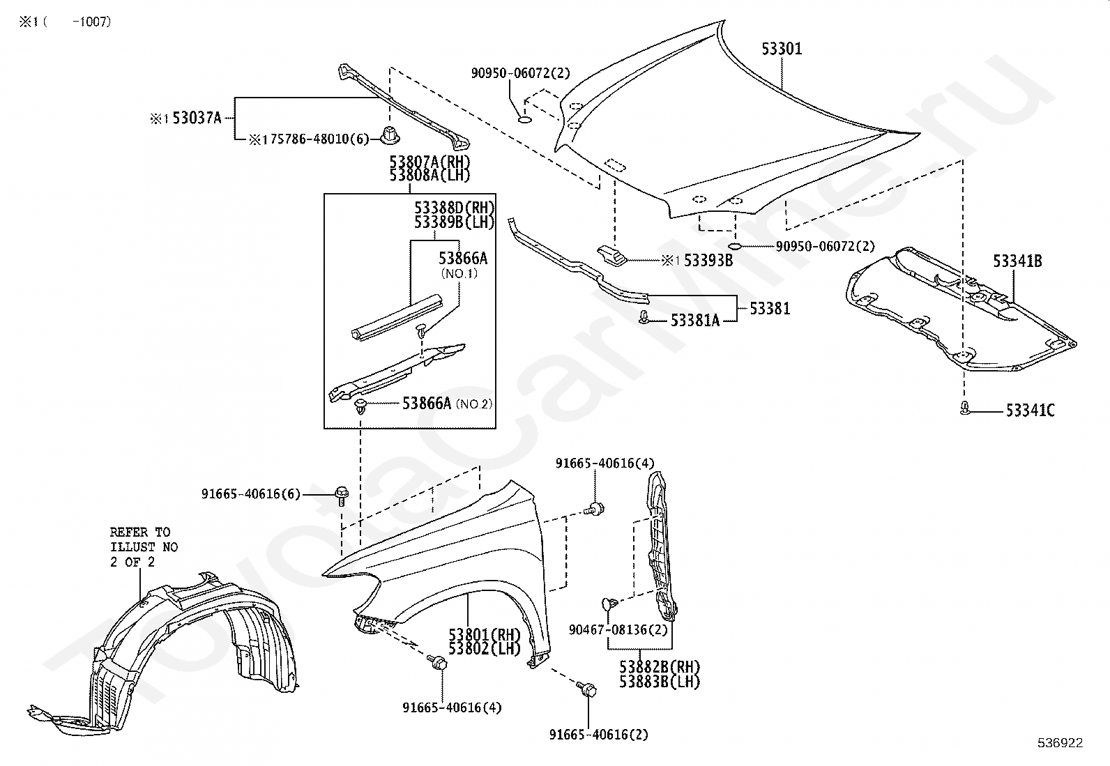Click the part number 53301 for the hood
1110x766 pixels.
point(781,49)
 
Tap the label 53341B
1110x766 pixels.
point(1017,261)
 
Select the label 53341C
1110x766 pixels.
point(1030,411)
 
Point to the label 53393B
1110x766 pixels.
point(708,261)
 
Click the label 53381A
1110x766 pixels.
point(694,320)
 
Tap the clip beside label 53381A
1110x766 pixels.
point(645,319)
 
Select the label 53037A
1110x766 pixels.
point(197,118)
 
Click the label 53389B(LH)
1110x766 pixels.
point(454,222)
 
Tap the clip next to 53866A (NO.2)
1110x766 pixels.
point(360,406)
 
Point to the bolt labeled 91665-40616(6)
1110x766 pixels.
point(342,495)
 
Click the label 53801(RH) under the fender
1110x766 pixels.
point(484,635)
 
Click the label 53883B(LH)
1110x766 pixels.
point(659,682)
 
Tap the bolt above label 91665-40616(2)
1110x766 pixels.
point(587,690)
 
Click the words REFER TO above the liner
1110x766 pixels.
point(139,532)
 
